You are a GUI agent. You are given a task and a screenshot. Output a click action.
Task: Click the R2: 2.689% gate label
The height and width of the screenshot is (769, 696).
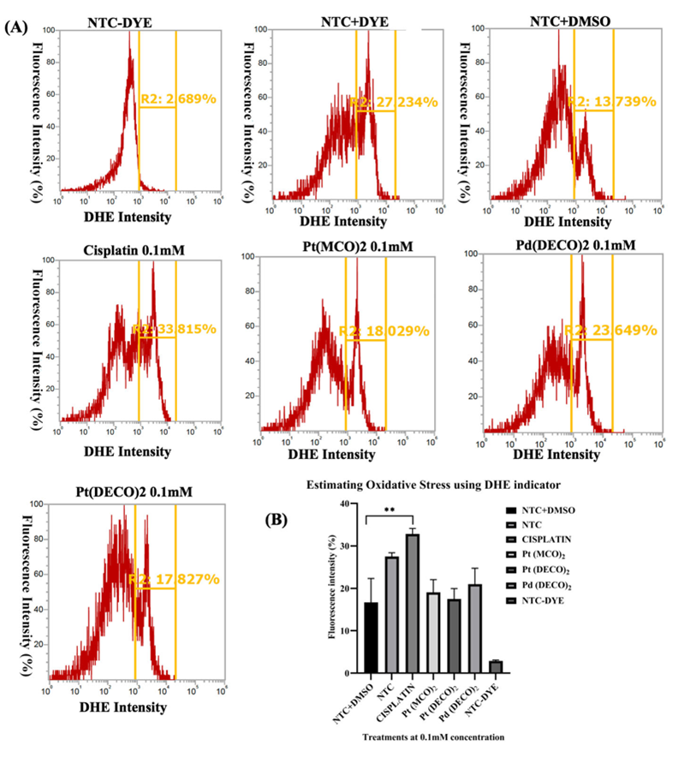178,99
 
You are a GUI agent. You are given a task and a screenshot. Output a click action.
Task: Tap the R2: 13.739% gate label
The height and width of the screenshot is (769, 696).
612,101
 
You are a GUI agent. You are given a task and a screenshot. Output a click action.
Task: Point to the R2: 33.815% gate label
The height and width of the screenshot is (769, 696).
173,329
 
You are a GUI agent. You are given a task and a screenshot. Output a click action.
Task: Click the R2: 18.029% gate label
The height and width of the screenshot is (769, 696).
384,331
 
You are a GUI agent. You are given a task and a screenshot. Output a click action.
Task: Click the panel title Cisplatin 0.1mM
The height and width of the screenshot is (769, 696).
134,249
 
